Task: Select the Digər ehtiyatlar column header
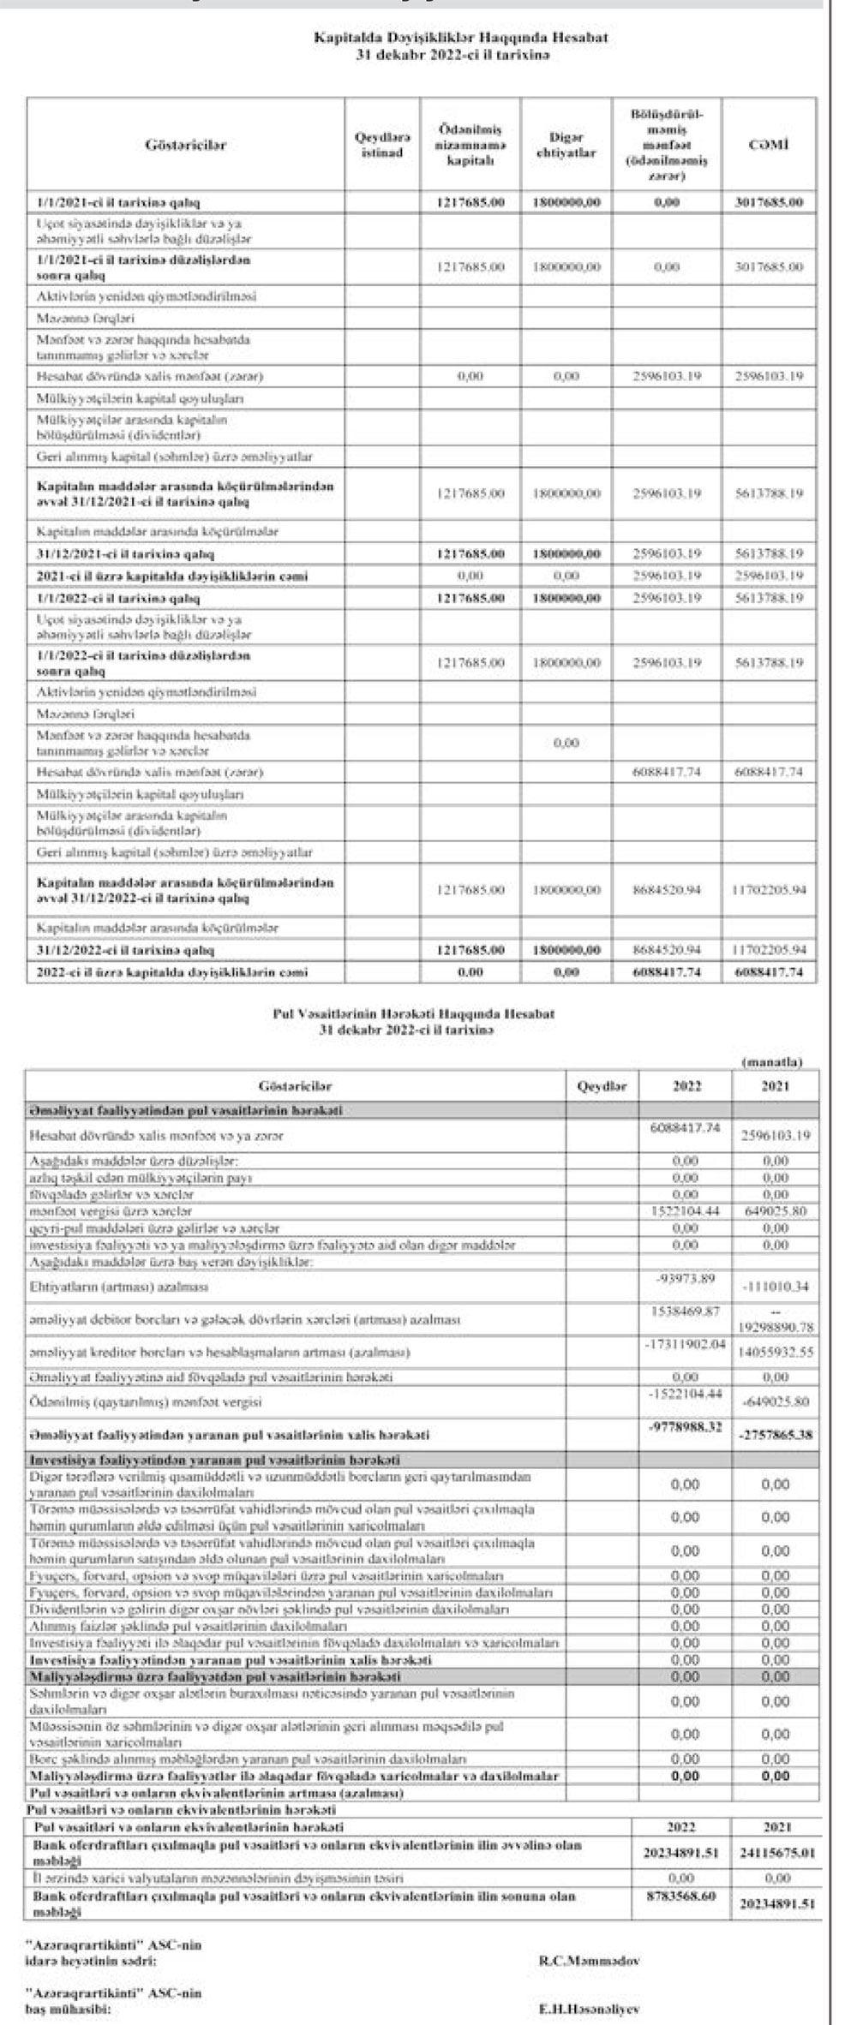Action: point(566,146)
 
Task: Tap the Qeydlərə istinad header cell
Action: point(382,146)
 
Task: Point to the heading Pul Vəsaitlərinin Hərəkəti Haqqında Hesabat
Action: point(413,1013)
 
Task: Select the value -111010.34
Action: point(775,1287)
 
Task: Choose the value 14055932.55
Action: point(775,1353)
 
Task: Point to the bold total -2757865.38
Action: point(775,1435)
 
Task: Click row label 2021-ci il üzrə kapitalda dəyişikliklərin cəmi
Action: point(172,576)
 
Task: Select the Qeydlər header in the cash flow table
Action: point(603,1086)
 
